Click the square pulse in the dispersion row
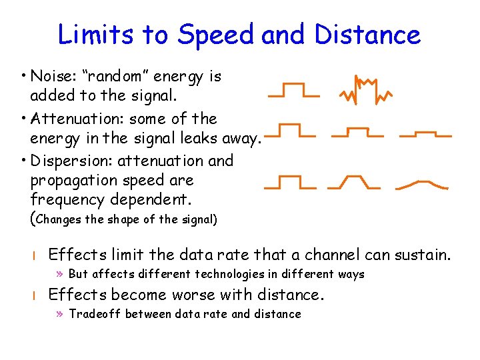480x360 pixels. (x=289, y=182)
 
